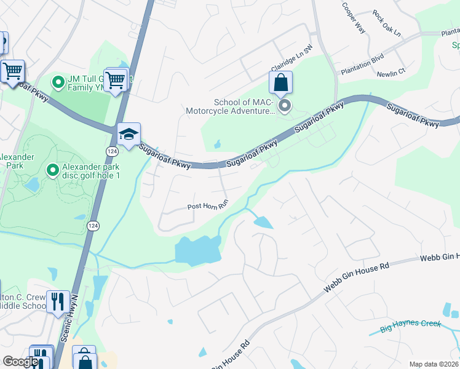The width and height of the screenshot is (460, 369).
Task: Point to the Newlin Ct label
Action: tap(391, 72)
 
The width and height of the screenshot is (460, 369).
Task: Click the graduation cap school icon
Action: tap(129, 135)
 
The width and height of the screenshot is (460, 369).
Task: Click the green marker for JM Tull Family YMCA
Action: tap(58, 82)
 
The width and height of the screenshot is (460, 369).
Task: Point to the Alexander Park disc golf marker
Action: tap(52, 169)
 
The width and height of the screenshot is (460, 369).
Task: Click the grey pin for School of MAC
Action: tap(285, 107)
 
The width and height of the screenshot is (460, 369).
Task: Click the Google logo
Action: tap(20, 362)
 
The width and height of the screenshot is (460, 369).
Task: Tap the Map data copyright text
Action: tap(434, 364)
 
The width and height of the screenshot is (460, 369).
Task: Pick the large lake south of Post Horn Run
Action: tap(197, 251)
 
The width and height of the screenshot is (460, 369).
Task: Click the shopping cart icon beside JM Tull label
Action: tap(116, 80)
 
